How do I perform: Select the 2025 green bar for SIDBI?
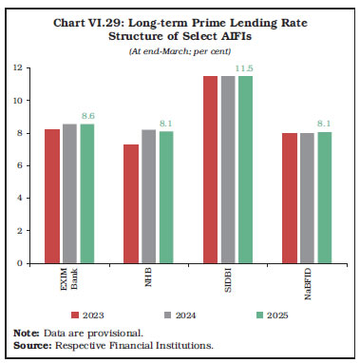pos(244,169)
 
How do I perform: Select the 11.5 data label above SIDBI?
pos(245,67)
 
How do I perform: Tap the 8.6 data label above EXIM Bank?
pos(87,115)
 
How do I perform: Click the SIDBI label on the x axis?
pos(227,283)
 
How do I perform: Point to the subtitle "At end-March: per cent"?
pos(180,49)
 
